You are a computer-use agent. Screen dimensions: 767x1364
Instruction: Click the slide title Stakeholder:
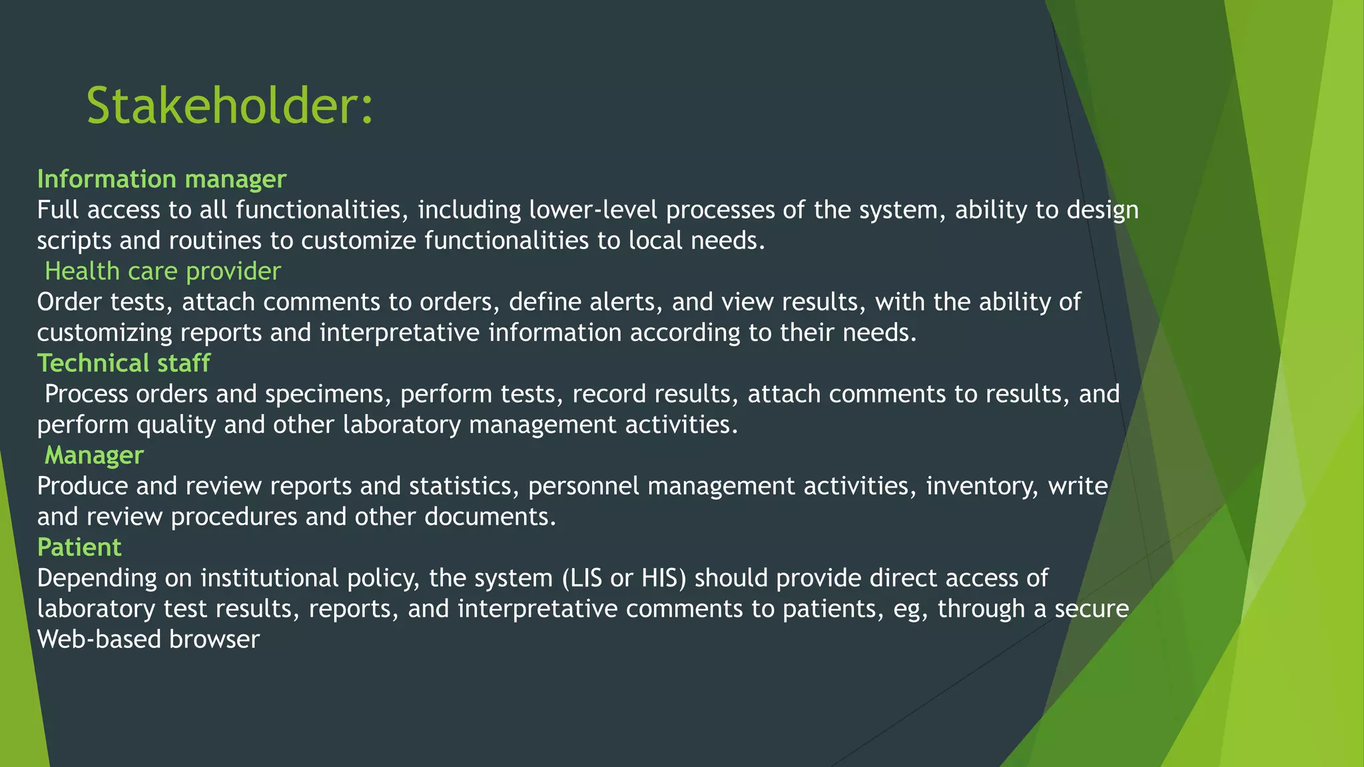[x=230, y=107]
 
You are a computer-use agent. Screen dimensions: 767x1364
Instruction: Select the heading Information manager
[x=162, y=179]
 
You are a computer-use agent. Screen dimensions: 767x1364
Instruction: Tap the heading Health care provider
[x=163, y=272]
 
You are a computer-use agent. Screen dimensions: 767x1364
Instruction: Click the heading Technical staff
[x=124, y=364]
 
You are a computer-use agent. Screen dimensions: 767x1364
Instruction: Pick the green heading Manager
[x=94, y=455]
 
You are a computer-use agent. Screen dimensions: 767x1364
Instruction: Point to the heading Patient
[x=79, y=547]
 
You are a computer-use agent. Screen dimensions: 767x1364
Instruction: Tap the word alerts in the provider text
[x=625, y=302]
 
